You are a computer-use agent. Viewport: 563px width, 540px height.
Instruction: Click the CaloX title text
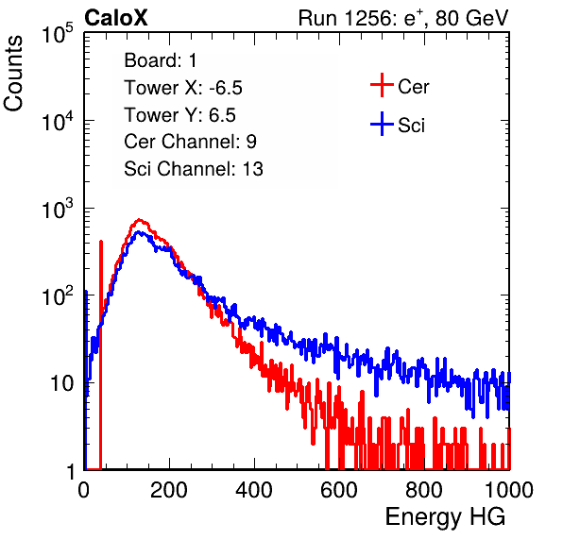pos(116,18)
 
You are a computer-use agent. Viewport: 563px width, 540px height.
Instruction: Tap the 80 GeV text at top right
pos(471,18)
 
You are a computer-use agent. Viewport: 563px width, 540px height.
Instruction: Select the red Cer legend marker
pos(382,85)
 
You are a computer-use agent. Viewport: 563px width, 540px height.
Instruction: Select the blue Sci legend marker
pos(382,124)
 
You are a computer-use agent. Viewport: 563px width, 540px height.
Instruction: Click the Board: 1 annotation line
pos(161,60)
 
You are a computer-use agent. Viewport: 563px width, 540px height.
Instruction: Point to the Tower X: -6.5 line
pos(183,88)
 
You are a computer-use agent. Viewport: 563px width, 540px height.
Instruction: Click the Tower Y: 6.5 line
pos(179,115)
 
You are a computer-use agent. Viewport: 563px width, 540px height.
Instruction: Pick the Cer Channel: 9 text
pos(190,142)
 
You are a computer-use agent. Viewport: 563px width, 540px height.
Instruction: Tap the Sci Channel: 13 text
pos(194,169)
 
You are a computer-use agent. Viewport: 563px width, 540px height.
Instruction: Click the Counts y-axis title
pos(13,74)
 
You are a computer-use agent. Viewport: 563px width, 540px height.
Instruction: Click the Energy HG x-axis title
pos(445,517)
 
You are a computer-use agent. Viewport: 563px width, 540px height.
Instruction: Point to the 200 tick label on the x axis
pos(169,490)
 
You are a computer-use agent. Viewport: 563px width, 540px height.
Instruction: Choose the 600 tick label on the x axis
pos(339,490)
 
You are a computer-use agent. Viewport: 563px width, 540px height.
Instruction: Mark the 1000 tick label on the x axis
pos(508,490)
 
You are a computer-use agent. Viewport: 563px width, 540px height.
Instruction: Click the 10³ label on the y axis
pos(62,209)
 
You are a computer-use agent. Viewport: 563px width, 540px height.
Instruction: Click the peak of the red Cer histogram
pos(139,220)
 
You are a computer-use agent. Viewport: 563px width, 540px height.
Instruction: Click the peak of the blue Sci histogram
pos(140,232)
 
